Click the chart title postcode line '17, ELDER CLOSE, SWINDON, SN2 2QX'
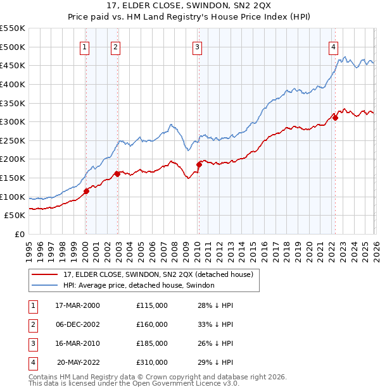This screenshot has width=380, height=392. tap(190, 6)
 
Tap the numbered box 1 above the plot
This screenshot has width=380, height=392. tap(85, 46)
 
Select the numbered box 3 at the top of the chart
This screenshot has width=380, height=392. tap(198, 46)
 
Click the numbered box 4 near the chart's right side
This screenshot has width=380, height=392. tap(333, 46)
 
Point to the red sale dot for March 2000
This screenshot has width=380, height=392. tap(86, 192)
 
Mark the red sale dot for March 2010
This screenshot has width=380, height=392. tap(199, 164)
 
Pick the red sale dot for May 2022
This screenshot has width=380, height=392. tap(336, 118)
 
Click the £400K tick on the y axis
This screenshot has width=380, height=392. tap(13, 84)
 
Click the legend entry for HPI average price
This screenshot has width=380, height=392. tap(139, 285)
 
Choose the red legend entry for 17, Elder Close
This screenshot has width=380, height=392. tap(158, 274)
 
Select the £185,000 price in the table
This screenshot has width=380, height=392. tap(152, 343)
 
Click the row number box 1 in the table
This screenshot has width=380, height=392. tap(31, 305)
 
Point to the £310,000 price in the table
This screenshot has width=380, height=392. tap(152, 362)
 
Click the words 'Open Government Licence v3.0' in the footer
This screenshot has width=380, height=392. tap(189, 383)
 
